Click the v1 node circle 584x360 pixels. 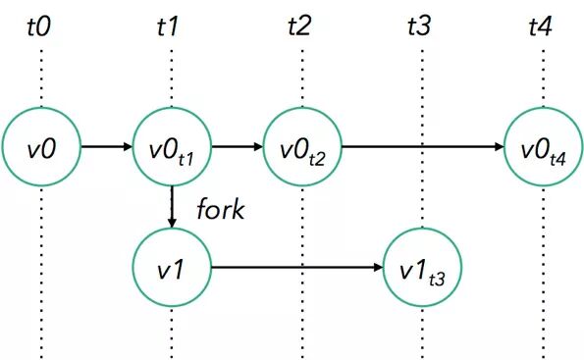pyautogui.click(x=171, y=266)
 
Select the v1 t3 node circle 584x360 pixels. pyautogui.click(x=423, y=266)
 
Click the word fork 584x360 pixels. pyautogui.click(x=219, y=208)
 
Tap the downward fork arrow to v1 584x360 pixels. pyautogui.click(x=172, y=207)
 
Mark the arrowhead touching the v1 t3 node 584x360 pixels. pyautogui.click(x=380, y=266)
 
